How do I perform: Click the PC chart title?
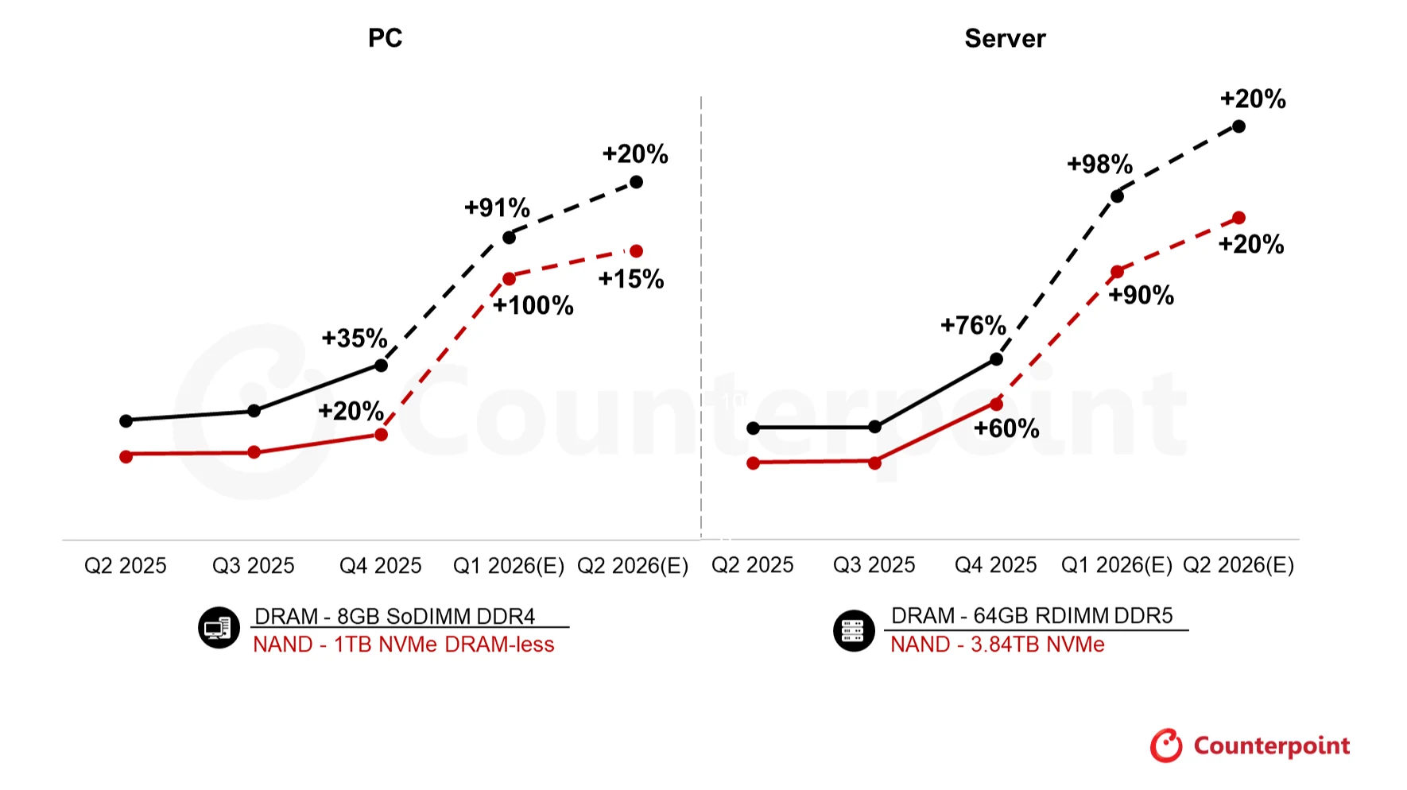[x=385, y=38]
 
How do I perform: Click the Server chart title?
[x=1005, y=38]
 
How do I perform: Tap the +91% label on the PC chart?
[x=497, y=207]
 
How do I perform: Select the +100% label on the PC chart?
[x=533, y=305]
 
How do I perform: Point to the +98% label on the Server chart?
[x=1099, y=165]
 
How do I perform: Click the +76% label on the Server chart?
[x=973, y=325]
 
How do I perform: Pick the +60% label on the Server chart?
[x=1006, y=428]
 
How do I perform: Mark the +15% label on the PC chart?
[x=630, y=279]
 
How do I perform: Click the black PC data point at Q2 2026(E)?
[x=636, y=182]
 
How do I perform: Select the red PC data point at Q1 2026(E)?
[x=509, y=279]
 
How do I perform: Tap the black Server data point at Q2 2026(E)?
[x=1238, y=126]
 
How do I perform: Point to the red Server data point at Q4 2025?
[x=996, y=405]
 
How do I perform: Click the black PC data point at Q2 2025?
[x=126, y=420]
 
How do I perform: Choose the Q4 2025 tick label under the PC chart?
[x=380, y=566]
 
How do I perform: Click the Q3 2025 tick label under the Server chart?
[x=874, y=565]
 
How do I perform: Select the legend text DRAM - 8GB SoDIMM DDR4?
[x=394, y=617]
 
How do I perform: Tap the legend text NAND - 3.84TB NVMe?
[x=997, y=645]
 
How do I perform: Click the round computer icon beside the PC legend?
[x=219, y=628]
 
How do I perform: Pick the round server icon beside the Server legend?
[x=854, y=631]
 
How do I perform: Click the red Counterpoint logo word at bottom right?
[x=1271, y=746]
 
